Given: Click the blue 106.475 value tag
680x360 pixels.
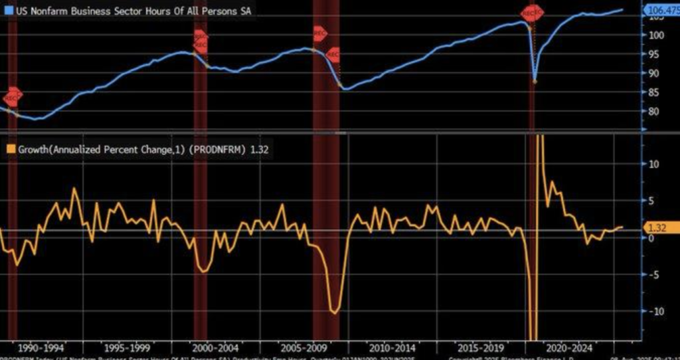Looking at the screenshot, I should (661, 9).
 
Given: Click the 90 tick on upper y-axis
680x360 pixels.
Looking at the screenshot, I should (653, 73).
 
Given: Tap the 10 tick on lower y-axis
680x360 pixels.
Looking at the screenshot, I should (653, 163).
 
